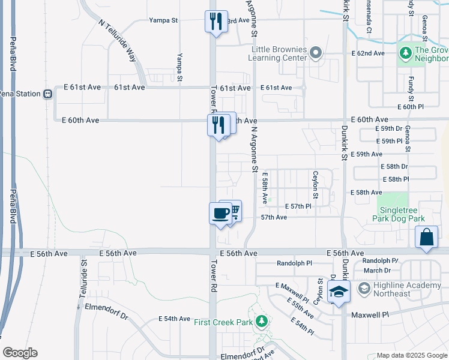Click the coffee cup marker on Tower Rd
[220, 213]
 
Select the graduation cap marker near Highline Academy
[339, 293]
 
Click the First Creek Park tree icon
[261, 322]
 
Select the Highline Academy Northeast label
[408, 289]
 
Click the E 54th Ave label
[174, 319]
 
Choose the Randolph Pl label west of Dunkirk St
[295, 263]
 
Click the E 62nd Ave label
[367, 53]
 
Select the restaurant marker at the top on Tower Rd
[215, 22]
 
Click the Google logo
[20, 353]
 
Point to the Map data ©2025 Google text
[411, 355]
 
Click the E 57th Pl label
[298, 206]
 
